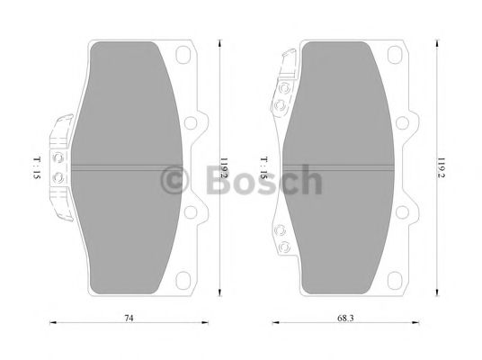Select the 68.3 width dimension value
coord(346,318)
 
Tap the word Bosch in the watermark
coord(261,180)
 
